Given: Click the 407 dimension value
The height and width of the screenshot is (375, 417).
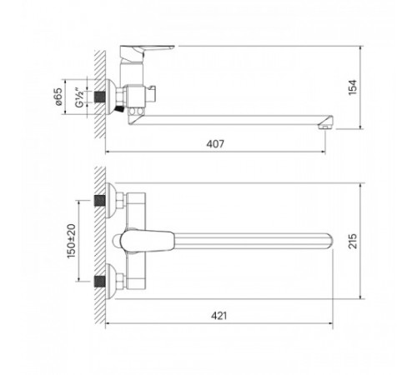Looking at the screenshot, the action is pyautogui.click(x=215, y=144).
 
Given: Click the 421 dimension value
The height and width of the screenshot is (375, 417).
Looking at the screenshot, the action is pyautogui.click(x=219, y=316).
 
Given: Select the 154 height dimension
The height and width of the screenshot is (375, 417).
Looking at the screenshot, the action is pyautogui.click(x=353, y=87).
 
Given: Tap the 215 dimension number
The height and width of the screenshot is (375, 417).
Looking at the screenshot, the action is pyautogui.click(x=353, y=241).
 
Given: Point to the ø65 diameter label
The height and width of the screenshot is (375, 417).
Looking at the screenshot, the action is pyautogui.click(x=58, y=97).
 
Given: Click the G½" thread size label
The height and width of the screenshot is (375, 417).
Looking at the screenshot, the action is pyautogui.click(x=79, y=97).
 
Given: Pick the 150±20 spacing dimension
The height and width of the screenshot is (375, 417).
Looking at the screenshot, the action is pyautogui.click(x=72, y=241).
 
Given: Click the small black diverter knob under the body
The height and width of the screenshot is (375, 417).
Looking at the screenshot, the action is pyautogui.click(x=119, y=109).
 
